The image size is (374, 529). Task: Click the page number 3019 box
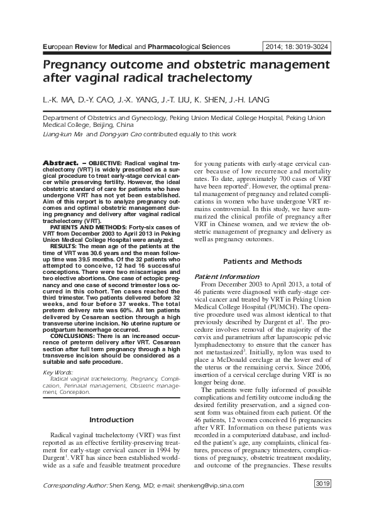(322, 483)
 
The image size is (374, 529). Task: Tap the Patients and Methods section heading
(263, 261)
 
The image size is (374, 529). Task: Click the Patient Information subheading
(226, 276)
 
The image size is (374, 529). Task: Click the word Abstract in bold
(60, 162)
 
